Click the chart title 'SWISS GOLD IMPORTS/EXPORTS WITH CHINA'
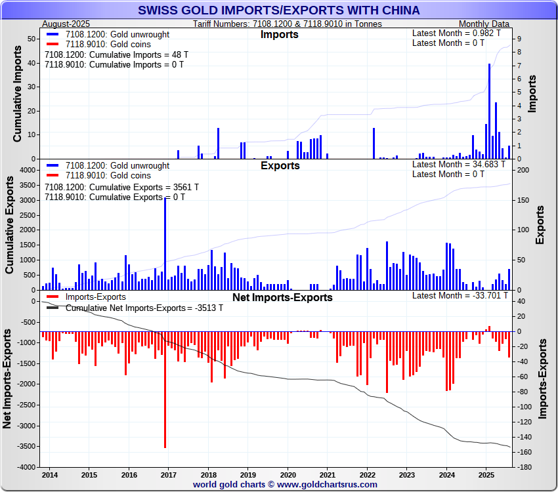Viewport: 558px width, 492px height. pos(279,10)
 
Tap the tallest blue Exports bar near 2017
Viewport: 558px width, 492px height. pos(165,243)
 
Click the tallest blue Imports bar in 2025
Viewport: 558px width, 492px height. pos(489,112)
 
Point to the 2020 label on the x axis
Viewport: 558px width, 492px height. pos(288,474)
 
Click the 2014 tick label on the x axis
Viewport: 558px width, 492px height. pos(49,474)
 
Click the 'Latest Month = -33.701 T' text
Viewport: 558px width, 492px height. pos(458,296)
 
